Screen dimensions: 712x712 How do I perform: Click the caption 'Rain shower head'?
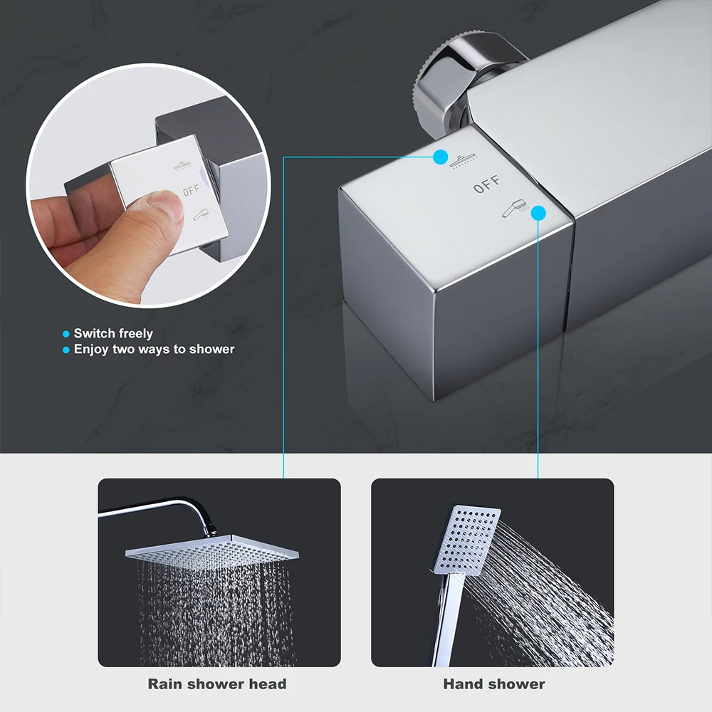point(217,684)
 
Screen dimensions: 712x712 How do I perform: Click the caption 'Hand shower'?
point(494,684)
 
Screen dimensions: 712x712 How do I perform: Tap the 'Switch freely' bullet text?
point(113,333)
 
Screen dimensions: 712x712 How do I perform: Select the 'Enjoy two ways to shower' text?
point(154,350)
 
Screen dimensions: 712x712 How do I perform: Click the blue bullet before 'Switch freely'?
point(66,333)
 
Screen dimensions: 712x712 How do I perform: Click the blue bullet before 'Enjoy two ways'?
point(66,350)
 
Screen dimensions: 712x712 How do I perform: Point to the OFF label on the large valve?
point(487,187)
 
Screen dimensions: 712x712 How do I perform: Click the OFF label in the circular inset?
point(192,191)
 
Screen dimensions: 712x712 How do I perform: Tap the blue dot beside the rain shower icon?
point(441,157)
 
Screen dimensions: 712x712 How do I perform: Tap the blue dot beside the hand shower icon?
point(538,212)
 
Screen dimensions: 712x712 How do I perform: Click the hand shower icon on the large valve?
point(513,209)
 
